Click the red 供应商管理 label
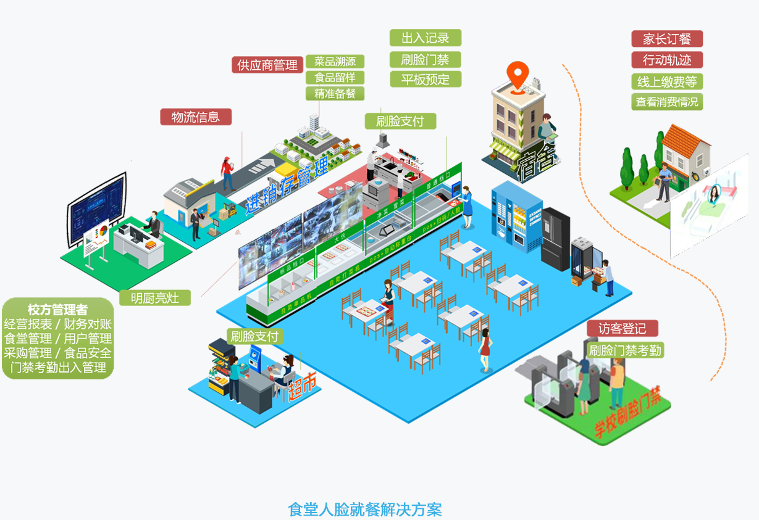pyautogui.click(x=267, y=65)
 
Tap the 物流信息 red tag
pyautogui.click(x=196, y=117)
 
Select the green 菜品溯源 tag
pyautogui.click(x=335, y=62)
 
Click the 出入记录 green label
pyautogui.click(x=425, y=38)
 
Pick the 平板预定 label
pyautogui.click(x=425, y=80)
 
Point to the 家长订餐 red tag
pyautogui.click(x=666, y=39)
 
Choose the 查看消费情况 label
pyautogui.click(x=666, y=102)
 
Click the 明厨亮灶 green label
pyautogui.click(x=155, y=298)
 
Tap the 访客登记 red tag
pyautogui.click(x=622, y=328)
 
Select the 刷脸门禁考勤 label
pyautogui.click(x=625, y=350)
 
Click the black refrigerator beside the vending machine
pyautogui.click(x=555, y=238)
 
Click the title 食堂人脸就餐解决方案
pyautogui.click(x=365, y=510)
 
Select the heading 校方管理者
pyautogui.click(x=57, y=309)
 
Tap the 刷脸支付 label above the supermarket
pyautogui.click(x=254, y=337)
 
